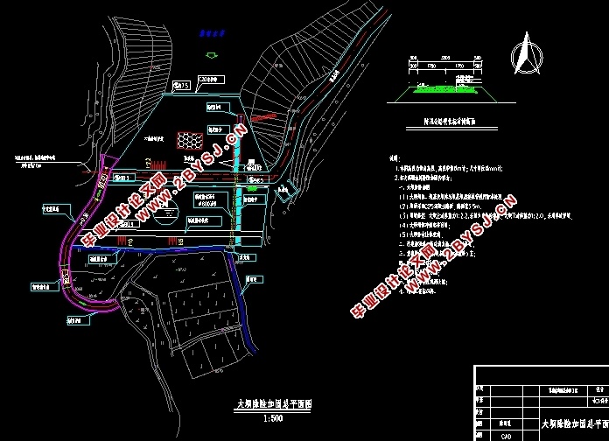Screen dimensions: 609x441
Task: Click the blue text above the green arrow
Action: point(207,34)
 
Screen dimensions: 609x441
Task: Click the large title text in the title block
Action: point(573,423)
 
